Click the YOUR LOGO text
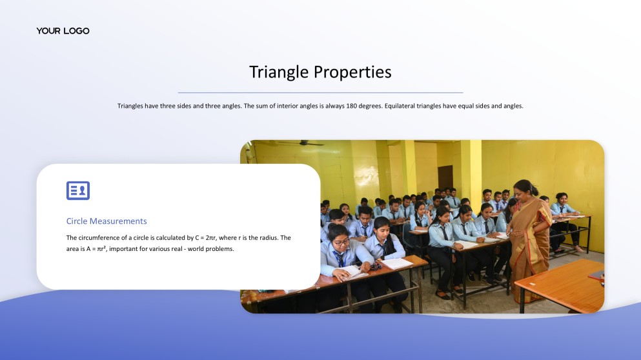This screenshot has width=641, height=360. (x=63, y=31)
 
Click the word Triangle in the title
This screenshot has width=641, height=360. (x=280, y=72)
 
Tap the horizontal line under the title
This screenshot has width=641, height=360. (x=320, y=93)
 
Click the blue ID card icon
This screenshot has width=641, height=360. (x=78, y=190)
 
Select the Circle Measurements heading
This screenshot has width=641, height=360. (x=107, y=221)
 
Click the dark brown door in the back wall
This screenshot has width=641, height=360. (x=445, y=177)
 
